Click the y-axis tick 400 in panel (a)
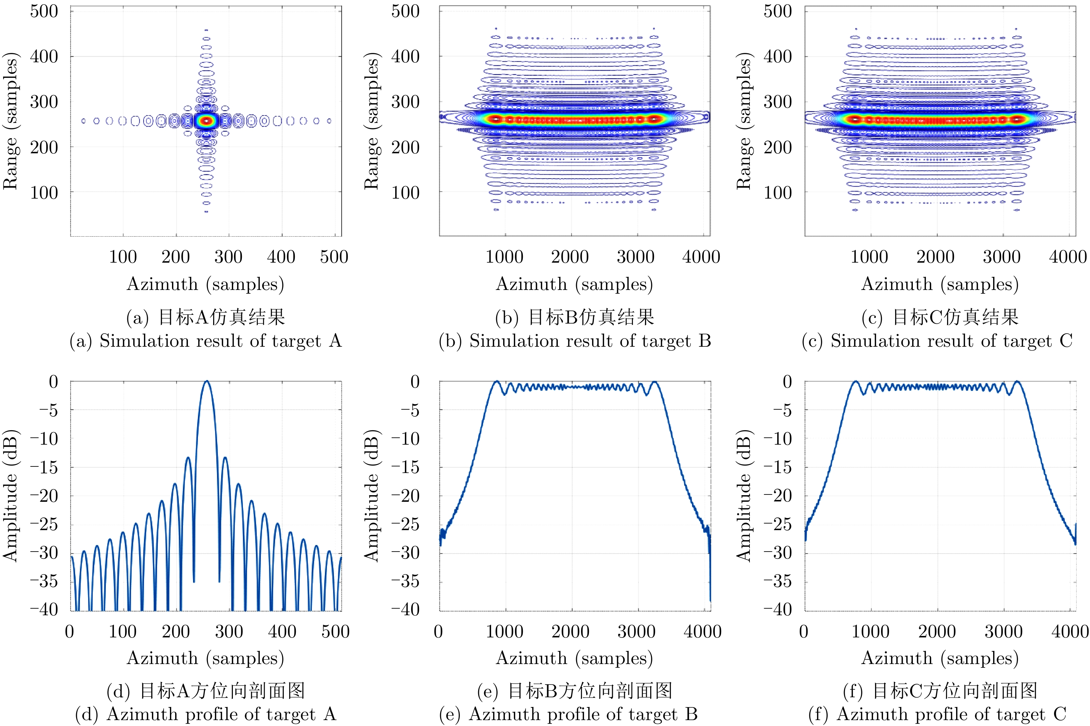point(44,56)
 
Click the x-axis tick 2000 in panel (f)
point(937,632)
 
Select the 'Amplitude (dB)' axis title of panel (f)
point(743,496)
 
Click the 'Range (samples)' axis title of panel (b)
point(371,121)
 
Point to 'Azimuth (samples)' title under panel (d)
point(205,658)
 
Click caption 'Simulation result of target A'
point(205,341)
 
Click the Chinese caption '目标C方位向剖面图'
point(939,691)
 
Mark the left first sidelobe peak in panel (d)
point(188,458)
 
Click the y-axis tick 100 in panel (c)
point(778,193)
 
